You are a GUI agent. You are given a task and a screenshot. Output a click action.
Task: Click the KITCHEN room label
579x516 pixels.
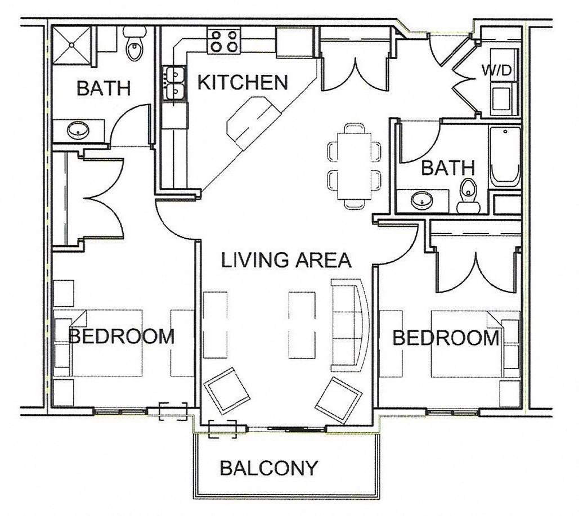point(243,83)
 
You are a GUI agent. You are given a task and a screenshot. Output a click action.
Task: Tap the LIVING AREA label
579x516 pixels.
point(286,260)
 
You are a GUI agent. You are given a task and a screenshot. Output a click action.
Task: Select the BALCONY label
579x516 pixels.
point(269,468)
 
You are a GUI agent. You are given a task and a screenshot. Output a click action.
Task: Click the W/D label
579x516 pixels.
point(497,70)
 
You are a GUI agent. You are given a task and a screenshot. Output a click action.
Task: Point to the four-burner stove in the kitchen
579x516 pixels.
point(223,41)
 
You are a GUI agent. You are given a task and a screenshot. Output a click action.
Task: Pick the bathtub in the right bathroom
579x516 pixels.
point(504,157)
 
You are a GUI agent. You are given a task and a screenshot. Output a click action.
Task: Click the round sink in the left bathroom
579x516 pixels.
point(77,131)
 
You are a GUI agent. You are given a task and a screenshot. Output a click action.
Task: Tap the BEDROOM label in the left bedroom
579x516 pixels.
point(121,336)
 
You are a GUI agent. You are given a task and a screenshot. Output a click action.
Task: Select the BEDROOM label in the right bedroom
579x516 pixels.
point(446,338)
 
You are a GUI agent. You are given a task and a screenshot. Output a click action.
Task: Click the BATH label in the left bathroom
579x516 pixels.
point(104,88)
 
